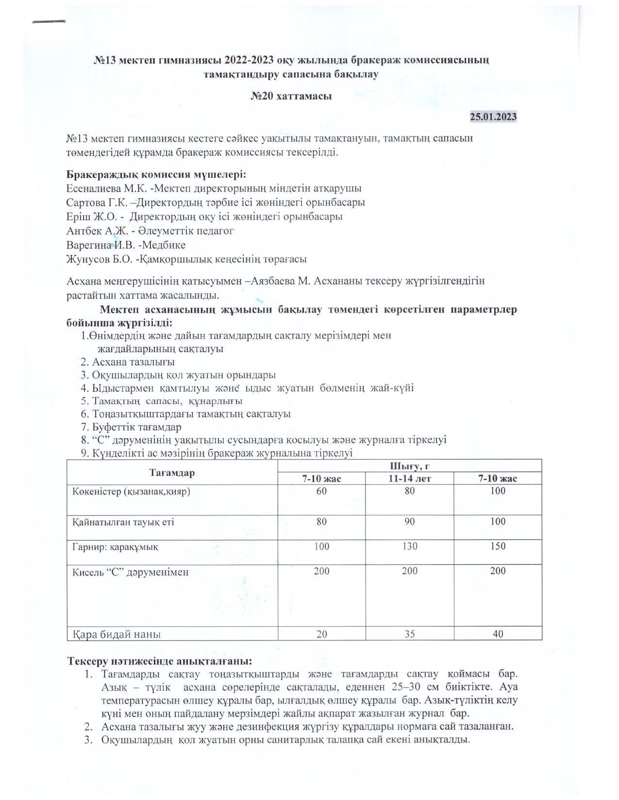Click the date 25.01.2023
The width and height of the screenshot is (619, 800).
coord(493,117)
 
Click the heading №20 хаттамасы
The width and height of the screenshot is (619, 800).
coord(291,96)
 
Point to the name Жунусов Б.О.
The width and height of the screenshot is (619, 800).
coord(99,259)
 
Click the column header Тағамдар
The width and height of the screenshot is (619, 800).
coord(172,473)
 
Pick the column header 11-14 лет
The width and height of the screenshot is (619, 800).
coord(409,479)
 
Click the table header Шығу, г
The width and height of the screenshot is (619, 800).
coord(409,466)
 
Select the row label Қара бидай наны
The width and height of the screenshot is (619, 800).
coord(117,634)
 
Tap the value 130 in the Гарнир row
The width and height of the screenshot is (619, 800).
coord(409,546)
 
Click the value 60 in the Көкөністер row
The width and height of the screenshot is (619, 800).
coord(321,491)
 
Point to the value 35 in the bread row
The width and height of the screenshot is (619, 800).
coord(409,634)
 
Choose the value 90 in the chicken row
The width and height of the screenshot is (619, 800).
coord(409,522)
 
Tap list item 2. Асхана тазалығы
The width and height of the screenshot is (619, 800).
coord(128,362)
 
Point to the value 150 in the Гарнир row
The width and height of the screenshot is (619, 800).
coord(498,546)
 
